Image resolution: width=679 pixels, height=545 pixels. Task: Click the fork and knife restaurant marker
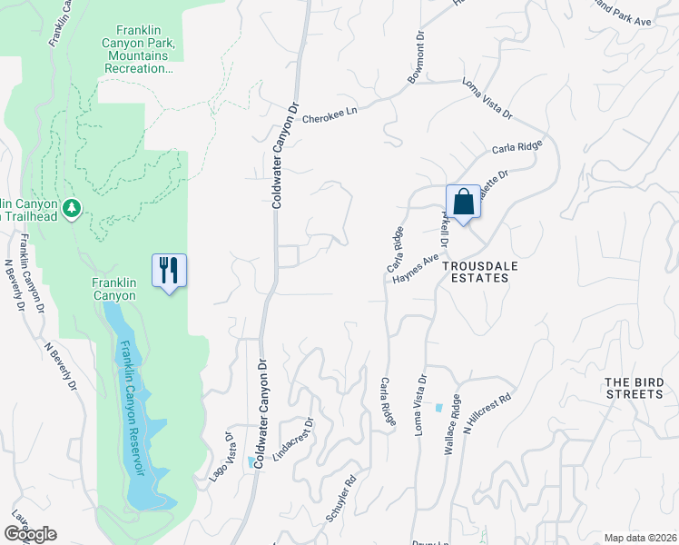coord(169,271)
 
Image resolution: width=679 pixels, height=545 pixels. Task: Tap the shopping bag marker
coord(463,203)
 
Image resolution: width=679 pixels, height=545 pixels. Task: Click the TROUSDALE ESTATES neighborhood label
coord(476,272)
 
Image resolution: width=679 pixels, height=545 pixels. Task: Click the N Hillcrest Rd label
coord(488,410)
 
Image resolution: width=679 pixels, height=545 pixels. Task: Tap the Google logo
coord(31,534)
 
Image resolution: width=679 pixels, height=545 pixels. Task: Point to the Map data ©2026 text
coord(639,538)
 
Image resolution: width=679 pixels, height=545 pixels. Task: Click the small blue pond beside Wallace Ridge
coord(439,407)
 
